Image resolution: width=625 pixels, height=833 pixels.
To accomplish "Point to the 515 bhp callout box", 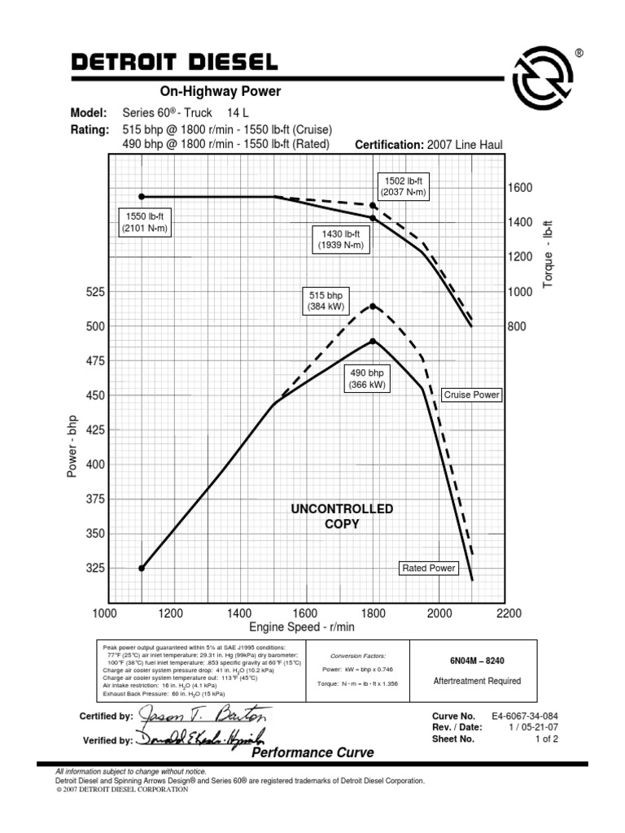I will point(327,301).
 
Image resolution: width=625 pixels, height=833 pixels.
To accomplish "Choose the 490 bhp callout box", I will point(366,378).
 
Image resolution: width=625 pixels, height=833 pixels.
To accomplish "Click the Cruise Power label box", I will point(471,395).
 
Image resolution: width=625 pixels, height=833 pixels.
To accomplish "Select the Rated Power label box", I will point(429,568).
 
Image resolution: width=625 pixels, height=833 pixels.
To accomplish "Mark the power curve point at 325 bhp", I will point(142,569).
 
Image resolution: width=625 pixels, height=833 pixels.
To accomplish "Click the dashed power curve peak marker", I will point(373,306).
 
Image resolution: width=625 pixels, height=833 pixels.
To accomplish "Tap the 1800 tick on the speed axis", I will point(373,613).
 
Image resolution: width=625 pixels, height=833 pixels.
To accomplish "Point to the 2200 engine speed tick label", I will point(507,613).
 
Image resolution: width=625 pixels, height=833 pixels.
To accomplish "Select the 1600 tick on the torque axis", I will point(520,188).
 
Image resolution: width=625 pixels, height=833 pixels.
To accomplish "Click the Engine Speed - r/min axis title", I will point(302,627).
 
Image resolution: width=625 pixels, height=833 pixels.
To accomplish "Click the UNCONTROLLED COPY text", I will point(342,517).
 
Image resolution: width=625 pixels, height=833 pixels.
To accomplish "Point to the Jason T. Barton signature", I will point(203,717).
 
